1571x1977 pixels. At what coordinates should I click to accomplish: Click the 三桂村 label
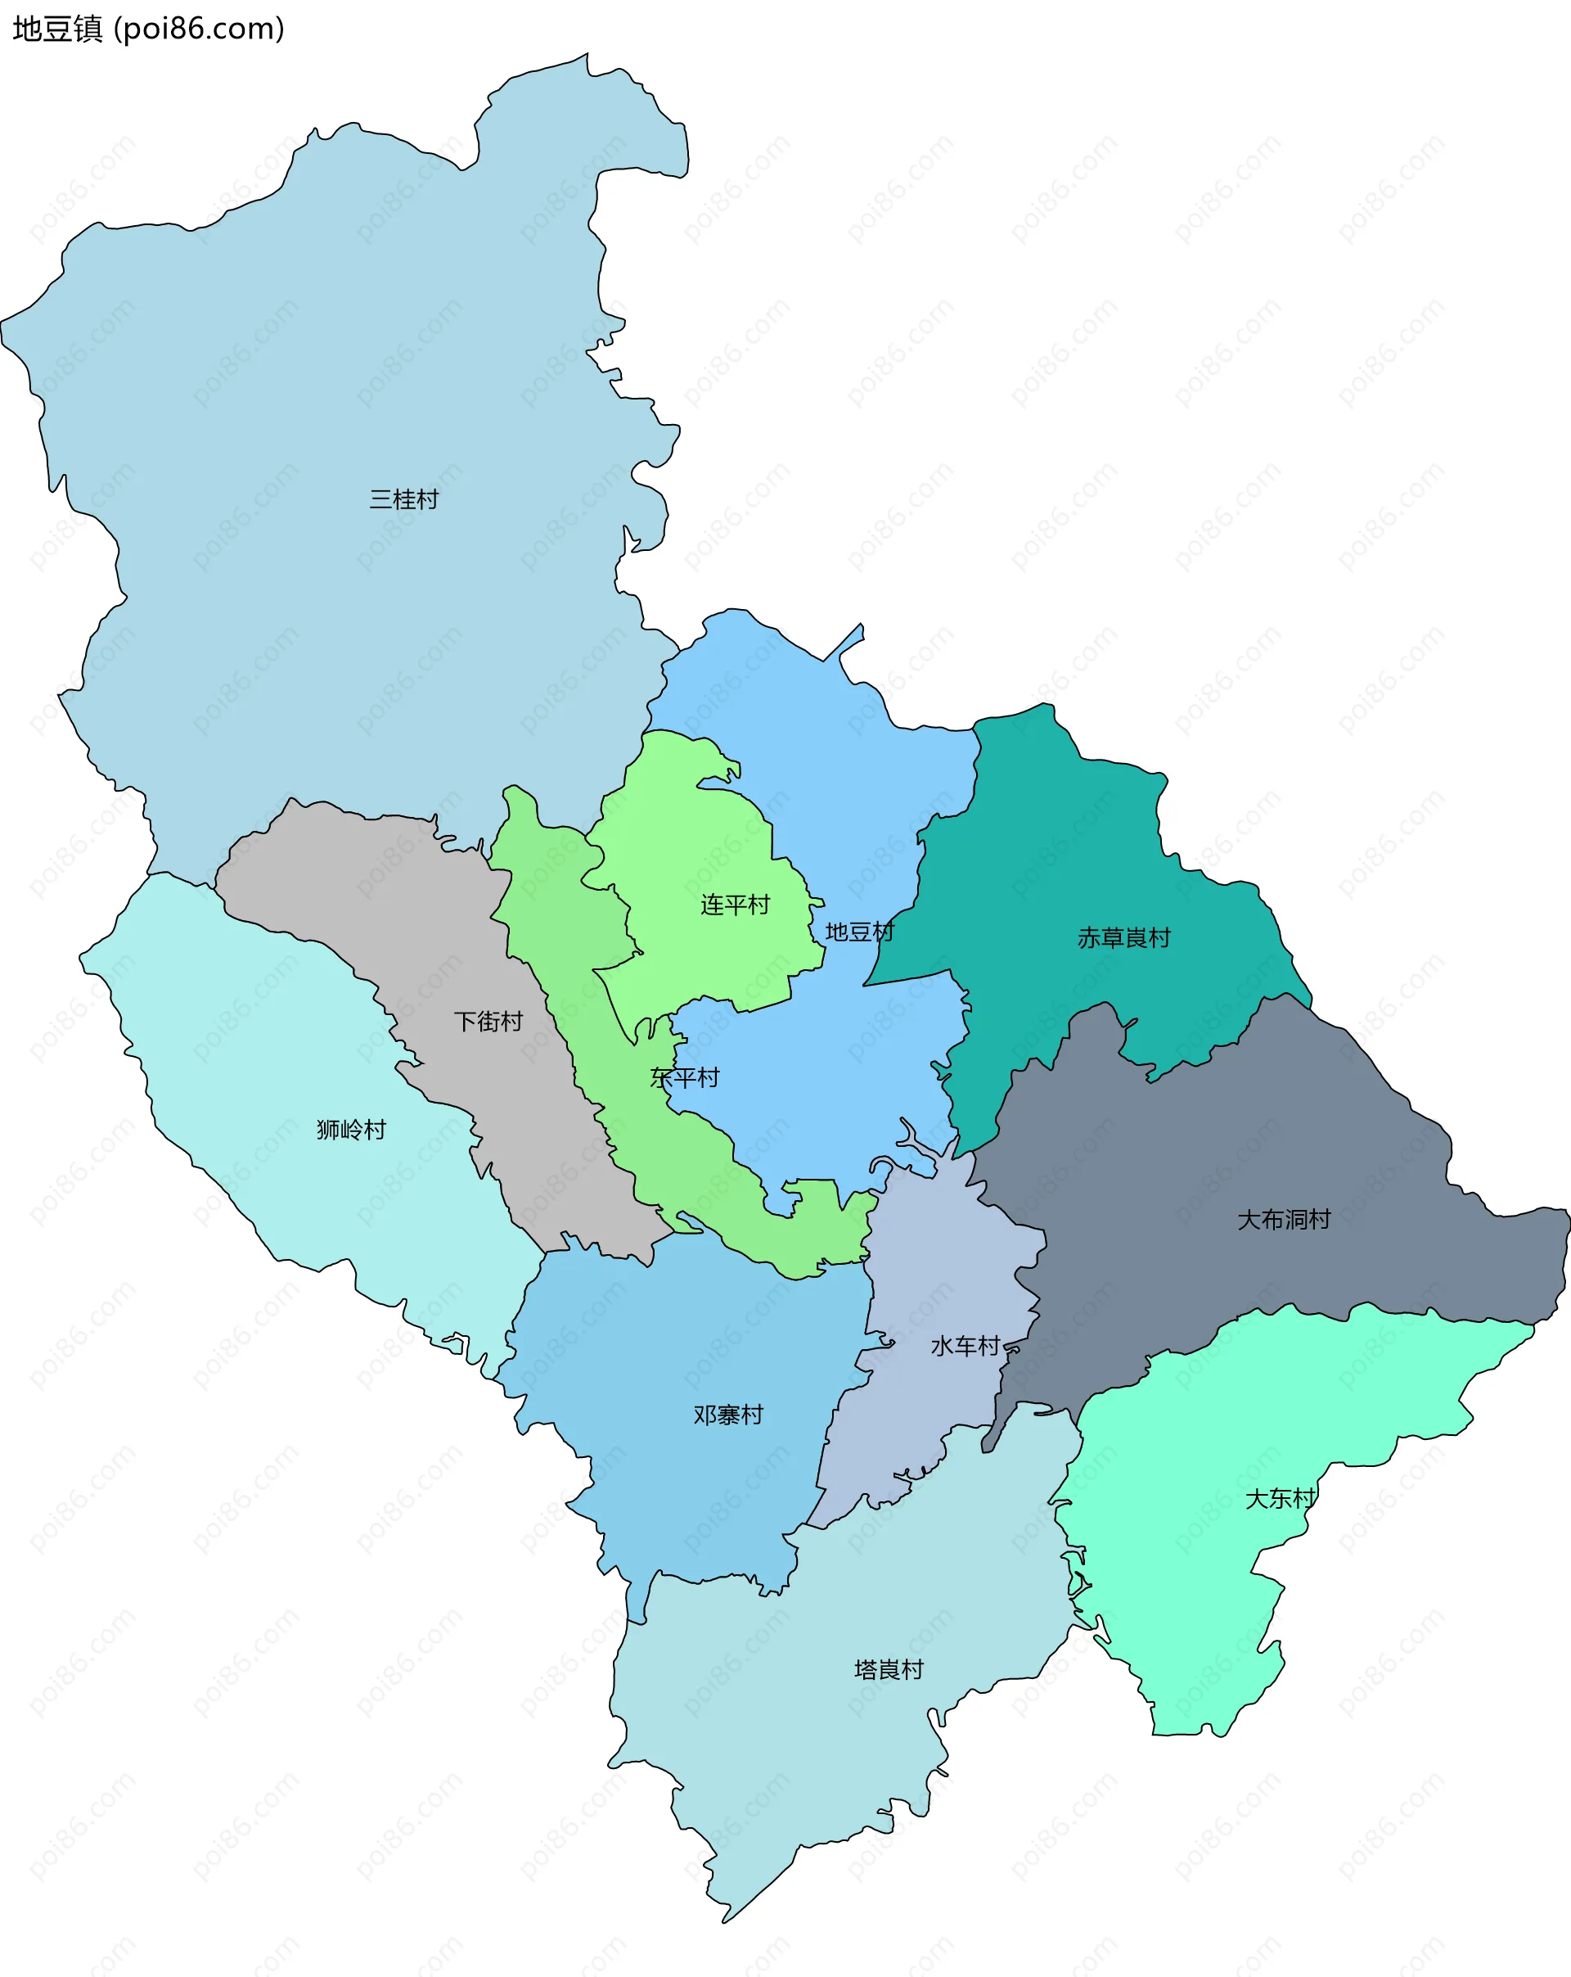(x=403, y=499)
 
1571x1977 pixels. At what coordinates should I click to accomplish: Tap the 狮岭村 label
(x=351, y=1130)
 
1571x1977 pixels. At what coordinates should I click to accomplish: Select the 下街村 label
(x=488, y=1022)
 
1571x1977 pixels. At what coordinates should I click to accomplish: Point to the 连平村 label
(x=734, y=905)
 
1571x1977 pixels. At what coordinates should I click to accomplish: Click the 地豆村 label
(x=859, y=932)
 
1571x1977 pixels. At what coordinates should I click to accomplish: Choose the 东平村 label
(x=684, y=1077)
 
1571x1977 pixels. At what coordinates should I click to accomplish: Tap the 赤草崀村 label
(x=1123, y=938)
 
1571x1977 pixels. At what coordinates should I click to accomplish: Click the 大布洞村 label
(x=1283, y=1220)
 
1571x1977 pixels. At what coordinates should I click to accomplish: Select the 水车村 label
(x=964, y=1346)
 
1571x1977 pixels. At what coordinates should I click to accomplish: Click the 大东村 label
(x=1280, y=1498)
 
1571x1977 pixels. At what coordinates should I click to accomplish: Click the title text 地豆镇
(x=56, y=29)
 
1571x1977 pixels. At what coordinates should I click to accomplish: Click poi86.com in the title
(x=199, y=29)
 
